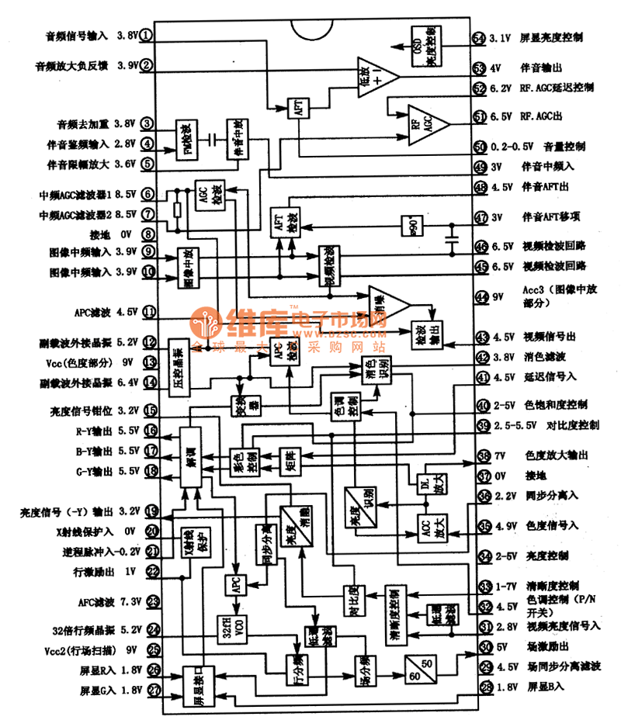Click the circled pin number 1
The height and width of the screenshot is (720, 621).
[147, 36]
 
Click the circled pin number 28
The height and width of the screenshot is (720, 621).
[486, 687]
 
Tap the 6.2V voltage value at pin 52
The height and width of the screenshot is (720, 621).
[501, 88]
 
